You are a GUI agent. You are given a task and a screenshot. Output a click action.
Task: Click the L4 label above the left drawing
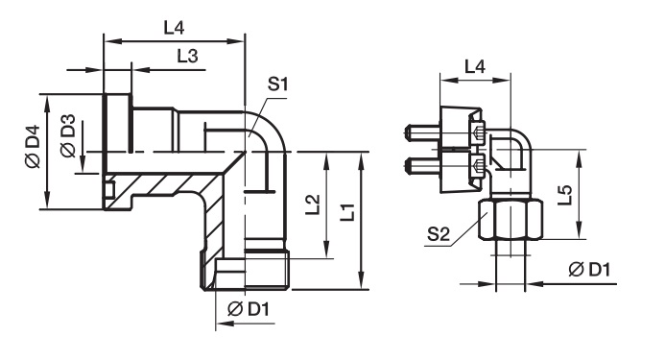coord(174,28)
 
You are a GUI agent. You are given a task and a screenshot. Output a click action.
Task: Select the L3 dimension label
coord(187,56)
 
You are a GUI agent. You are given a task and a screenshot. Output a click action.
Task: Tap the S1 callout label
coord(277,84)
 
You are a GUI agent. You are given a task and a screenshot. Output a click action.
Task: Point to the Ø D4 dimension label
coord(33,146)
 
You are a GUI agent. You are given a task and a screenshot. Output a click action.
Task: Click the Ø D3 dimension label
coord(68,135)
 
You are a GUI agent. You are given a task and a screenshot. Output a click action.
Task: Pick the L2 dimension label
coord(313,204)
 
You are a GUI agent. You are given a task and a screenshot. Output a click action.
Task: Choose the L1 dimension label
coord(347,211)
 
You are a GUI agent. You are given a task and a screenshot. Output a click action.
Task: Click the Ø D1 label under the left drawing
coord(249,309)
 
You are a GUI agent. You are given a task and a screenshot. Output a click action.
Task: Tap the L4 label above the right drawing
coord(475,66)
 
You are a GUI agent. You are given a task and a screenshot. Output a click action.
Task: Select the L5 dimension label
coord(565,195)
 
